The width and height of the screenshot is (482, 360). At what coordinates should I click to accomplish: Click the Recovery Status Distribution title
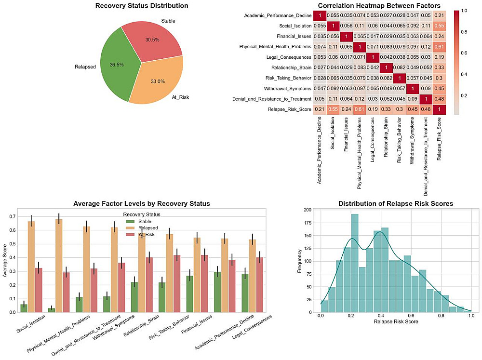[142, 6]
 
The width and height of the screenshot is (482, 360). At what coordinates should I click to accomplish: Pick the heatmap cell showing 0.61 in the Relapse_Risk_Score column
[439, 47]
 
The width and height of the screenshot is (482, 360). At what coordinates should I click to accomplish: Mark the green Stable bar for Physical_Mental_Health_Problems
[51, 310]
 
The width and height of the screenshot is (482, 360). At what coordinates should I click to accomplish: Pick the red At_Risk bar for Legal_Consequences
[260, 285]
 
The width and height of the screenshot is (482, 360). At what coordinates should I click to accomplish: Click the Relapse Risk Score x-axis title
[395, 321]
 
